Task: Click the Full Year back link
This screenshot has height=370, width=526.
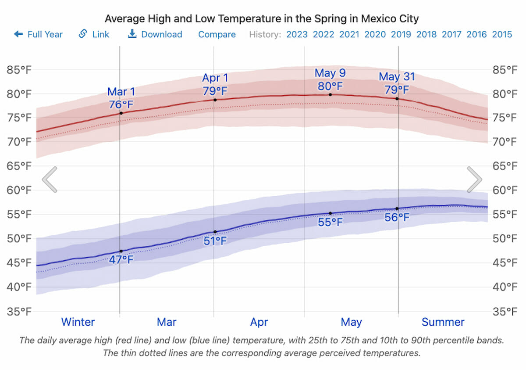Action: click(39, 34)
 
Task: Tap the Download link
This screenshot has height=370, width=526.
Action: click(155, 34)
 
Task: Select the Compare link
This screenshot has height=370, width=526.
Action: click(217, 34)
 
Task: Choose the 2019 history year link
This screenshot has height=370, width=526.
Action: click(401, 34)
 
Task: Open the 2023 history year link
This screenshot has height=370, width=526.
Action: click(297, 34)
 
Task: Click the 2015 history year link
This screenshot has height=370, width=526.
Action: click(502, 34)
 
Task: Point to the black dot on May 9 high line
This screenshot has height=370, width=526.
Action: click(330, 95)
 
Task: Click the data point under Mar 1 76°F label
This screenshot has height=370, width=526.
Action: click(121, 113)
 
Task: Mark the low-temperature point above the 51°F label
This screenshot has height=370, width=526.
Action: click(215, 232)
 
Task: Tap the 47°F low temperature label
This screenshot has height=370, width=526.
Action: click(121, 259)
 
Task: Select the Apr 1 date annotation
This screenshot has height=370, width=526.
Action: click(215, 78)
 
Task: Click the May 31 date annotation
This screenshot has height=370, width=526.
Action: click(397, 77)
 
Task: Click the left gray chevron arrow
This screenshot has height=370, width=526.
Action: click(50, 179)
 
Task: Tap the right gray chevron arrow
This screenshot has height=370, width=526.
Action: click(474, 179)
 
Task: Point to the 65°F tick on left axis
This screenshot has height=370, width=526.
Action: click(18, 166)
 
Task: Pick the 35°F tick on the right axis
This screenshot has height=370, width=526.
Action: click(505, 312)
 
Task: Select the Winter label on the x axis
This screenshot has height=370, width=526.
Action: click(78, 322)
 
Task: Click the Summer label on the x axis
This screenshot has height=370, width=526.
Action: click(443, 322)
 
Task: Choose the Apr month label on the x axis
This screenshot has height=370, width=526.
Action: click(259, 322)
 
